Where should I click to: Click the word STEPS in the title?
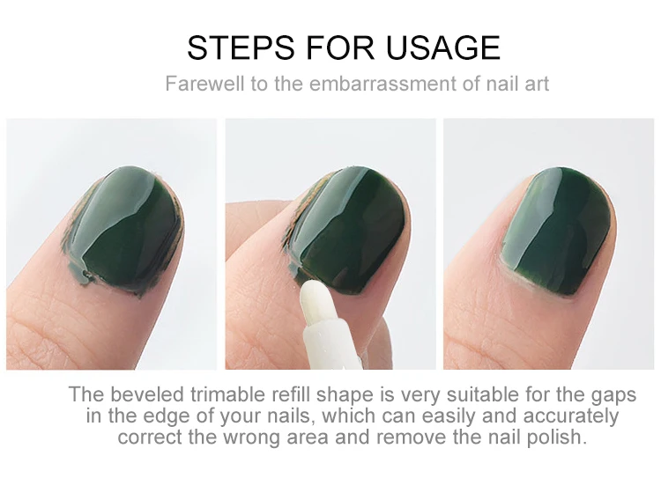(241, 48)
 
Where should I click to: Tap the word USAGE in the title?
(442, 48)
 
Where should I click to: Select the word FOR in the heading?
(340, 48)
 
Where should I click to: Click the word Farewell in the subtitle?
(204, 84)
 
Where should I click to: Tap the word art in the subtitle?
(537, 84)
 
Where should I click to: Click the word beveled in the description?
(147, 394)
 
